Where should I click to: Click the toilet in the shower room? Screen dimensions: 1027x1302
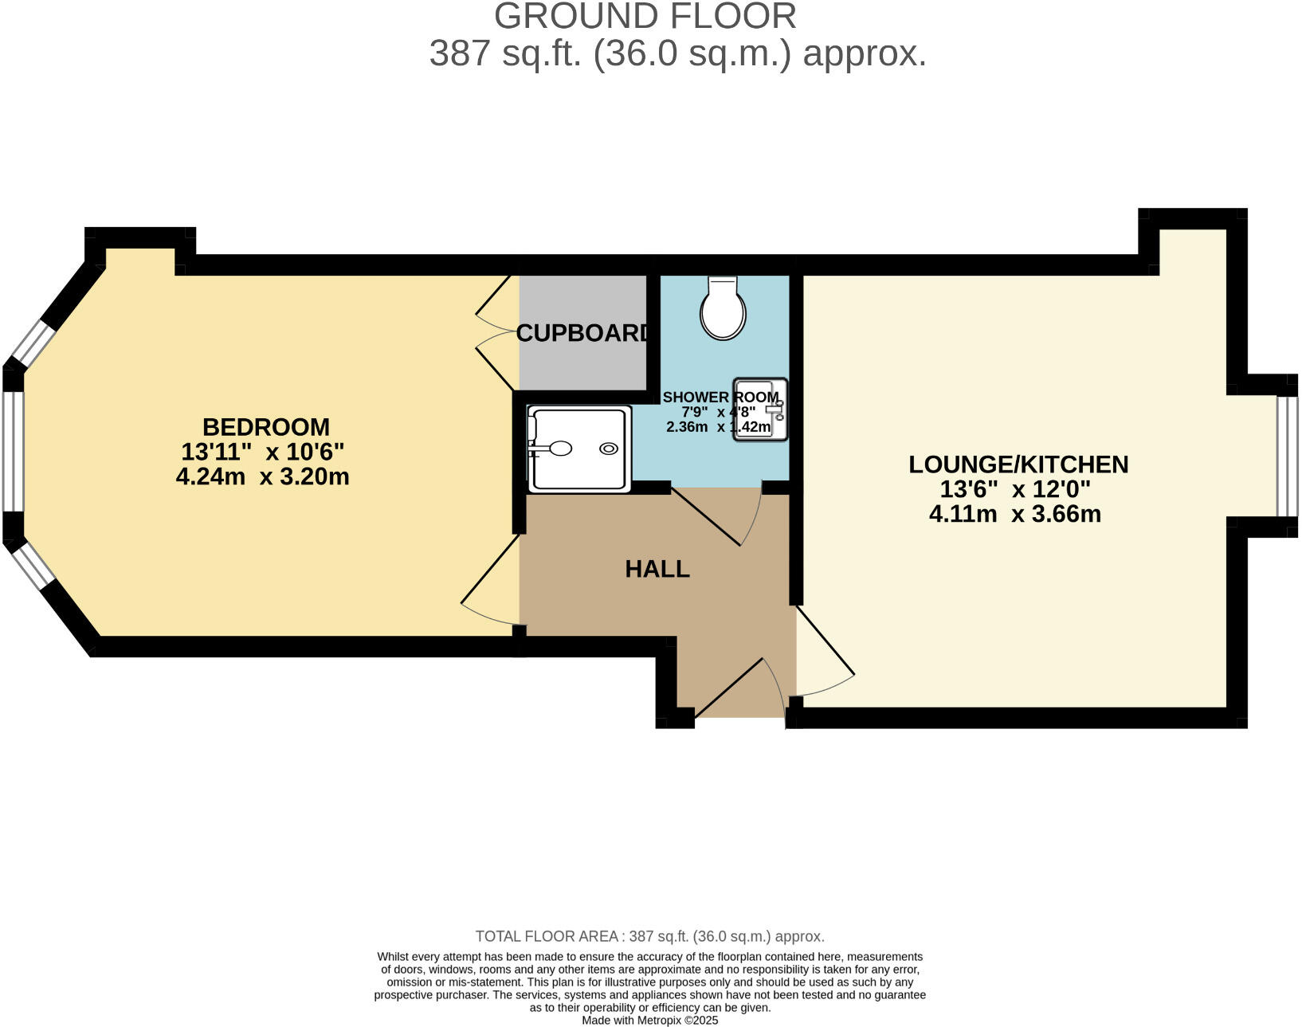[x=723, y=311]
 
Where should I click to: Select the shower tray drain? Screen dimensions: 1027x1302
[x=609, y=449]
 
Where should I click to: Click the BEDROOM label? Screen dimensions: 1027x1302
[x=265, y=427]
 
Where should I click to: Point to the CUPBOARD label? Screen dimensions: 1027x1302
[x=583, y=333]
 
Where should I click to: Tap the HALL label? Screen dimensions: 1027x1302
[x=657, y=569]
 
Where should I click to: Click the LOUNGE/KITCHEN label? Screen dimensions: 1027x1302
[x=1018, y=465]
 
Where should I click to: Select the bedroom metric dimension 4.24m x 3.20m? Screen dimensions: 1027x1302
[x=262, y=477]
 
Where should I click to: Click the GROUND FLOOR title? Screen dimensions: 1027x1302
[x=645, y=16]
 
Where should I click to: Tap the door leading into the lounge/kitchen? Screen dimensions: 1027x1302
[x=825, y=649]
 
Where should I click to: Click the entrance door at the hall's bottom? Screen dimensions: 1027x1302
[x=737, y=689]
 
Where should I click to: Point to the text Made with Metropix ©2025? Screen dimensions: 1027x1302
[x=649, y=1020]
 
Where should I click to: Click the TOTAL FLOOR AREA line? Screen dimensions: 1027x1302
[x=649, y=936]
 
